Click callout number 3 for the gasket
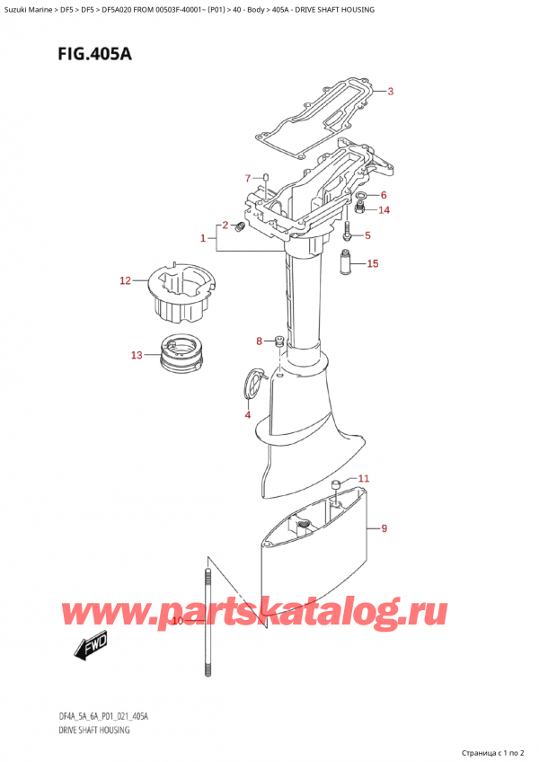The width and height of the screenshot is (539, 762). coord(390,91)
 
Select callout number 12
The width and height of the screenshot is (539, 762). coord(125,282)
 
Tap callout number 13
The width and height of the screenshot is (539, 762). coord(136,355)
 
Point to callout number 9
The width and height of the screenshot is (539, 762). coord(384,528)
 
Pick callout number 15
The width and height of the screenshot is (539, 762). coord(373,263)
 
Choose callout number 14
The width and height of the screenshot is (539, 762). coord(384,210)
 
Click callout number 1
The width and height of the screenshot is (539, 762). coord(203,238)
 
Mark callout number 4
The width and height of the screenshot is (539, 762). coord(247,414)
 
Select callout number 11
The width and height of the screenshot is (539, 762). coord(363,478)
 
